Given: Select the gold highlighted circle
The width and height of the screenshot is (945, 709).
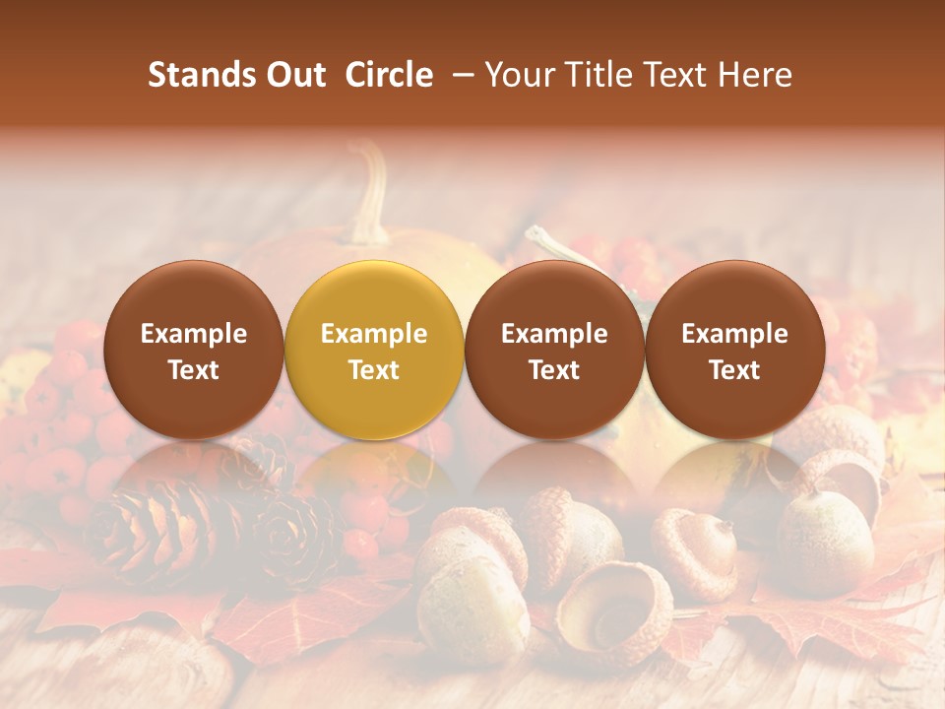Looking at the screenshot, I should click(374, 351).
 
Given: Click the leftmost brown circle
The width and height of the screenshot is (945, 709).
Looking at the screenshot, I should click(193, 351).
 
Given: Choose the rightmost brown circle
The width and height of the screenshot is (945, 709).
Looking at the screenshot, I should click(734, 351).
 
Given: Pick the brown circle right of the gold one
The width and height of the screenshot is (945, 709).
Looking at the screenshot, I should click(554, 351).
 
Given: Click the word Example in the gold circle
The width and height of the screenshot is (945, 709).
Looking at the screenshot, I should click(374, 334).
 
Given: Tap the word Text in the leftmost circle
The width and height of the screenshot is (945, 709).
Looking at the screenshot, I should click(193, 370).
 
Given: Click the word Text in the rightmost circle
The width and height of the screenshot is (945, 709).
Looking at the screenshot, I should click(734, 370).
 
